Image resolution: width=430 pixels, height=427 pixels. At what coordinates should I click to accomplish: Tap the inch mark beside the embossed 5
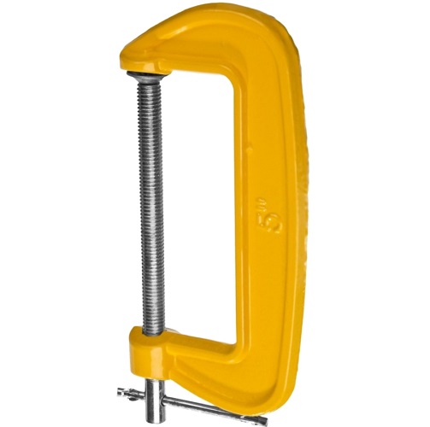(x=262, y=199)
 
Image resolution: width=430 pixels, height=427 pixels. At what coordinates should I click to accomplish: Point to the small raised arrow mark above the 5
(x=250, y=149)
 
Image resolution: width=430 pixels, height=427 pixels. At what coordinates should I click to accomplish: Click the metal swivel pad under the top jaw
(x=146, y=75)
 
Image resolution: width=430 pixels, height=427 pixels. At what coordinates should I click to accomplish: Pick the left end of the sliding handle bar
(x=119, y=393)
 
